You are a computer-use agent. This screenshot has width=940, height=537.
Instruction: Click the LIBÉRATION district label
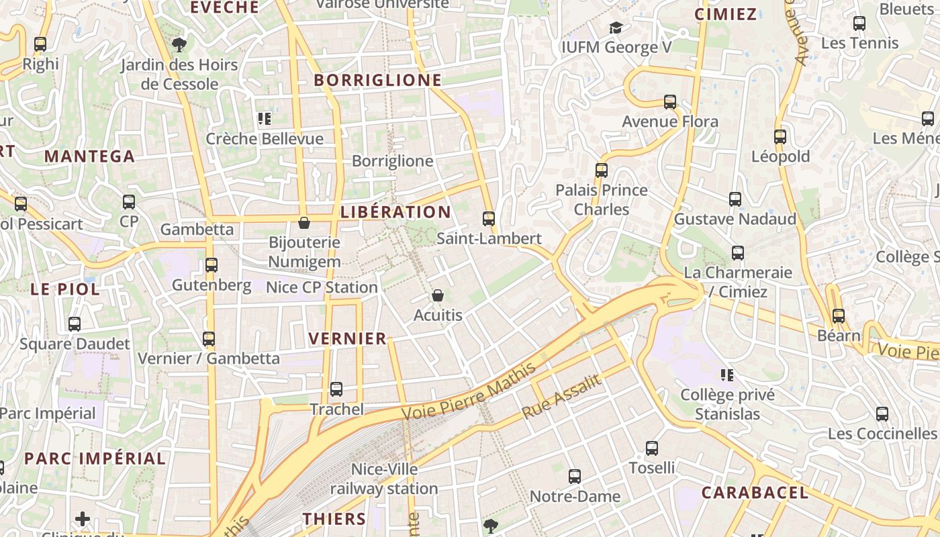coord(395,212)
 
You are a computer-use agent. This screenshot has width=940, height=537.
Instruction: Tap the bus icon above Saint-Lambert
coord(489,219)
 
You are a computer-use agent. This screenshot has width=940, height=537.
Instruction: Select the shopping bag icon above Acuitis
coord(438,295)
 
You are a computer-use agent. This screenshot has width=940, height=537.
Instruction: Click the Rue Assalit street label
coord(561,397)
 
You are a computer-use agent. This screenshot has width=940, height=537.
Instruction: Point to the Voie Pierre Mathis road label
coord(470,391)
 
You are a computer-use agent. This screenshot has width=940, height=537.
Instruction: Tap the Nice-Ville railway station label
coord(384,479)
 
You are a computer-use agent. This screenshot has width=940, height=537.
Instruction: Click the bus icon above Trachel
coord(336,389)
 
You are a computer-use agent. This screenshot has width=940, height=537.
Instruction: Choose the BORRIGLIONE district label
coord(378,81)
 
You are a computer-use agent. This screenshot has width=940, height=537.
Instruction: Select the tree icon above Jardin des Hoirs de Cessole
coord(179,45)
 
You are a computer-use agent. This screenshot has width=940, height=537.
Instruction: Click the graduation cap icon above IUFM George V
coord(616,28)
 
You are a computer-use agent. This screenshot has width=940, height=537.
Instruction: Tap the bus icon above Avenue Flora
coord(670,102)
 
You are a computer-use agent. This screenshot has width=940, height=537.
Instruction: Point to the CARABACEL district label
coord(755,493)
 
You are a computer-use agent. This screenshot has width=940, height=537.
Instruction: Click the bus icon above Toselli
coord(652,448)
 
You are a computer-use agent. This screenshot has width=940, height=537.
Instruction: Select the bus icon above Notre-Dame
coord(575,477)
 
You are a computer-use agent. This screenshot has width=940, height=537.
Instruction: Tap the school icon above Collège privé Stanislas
coord(727,375)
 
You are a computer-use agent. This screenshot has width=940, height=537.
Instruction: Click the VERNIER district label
coord(347,338)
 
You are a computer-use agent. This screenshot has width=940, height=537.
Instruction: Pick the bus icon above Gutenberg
coord(211,265)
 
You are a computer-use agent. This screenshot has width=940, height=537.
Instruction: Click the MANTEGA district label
coord(90,157)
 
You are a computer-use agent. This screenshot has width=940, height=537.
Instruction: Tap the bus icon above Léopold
coord(780,137)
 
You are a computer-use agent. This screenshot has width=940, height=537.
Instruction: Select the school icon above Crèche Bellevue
coord(265,119)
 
